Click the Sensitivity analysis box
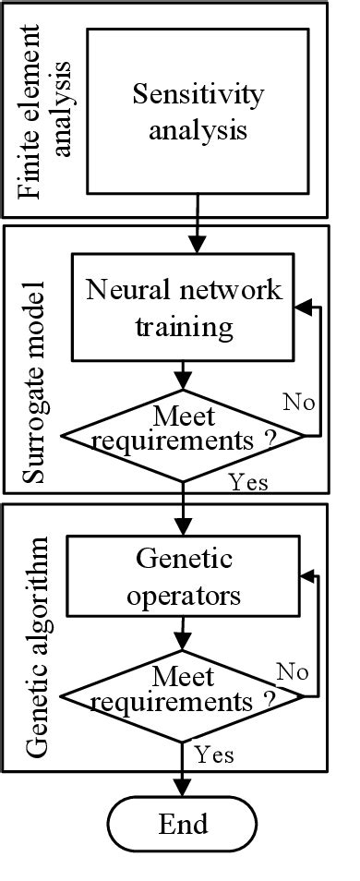198,112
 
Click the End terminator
183,823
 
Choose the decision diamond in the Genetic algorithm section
184,693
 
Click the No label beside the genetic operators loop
292,671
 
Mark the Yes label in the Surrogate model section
247,481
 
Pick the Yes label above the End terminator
213,754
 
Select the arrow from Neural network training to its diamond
184,374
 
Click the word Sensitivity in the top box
198,94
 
